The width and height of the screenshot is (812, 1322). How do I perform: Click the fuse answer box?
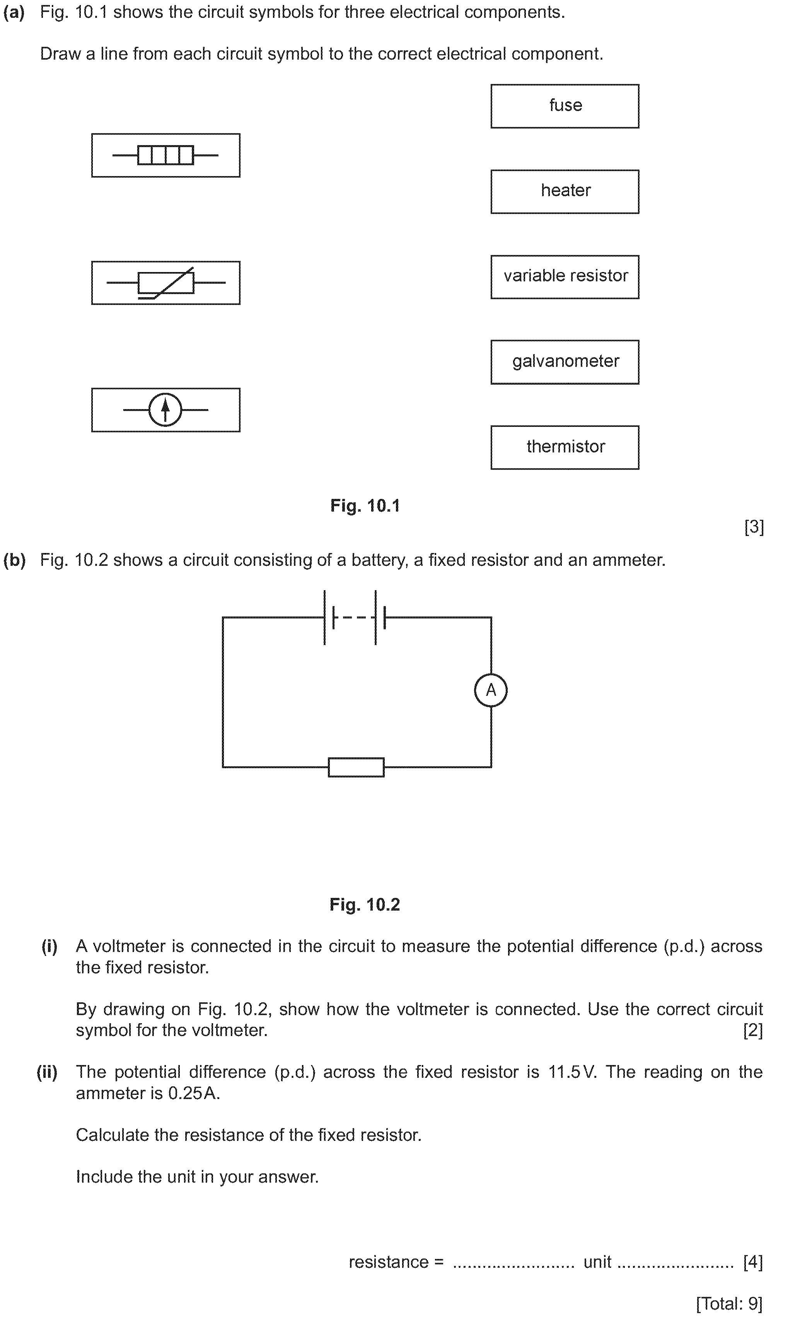565,106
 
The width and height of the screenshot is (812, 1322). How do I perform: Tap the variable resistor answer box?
565,277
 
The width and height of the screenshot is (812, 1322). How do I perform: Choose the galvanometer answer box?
565,362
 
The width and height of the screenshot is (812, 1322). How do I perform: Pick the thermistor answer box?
565,447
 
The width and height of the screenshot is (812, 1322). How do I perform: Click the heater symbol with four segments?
165,155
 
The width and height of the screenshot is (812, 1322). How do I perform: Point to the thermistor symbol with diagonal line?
165,283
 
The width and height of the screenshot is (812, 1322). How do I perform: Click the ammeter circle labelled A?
491,690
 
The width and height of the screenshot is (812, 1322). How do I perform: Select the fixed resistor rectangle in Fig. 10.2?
356,767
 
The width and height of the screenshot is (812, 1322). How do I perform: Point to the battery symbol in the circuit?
355,618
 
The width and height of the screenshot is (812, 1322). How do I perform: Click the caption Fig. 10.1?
365,506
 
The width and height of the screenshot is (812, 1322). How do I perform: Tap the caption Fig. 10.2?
365,904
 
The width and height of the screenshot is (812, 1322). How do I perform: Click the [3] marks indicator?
754,527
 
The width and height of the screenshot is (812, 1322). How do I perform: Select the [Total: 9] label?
729,1303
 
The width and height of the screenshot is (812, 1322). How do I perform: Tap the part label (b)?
15,560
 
